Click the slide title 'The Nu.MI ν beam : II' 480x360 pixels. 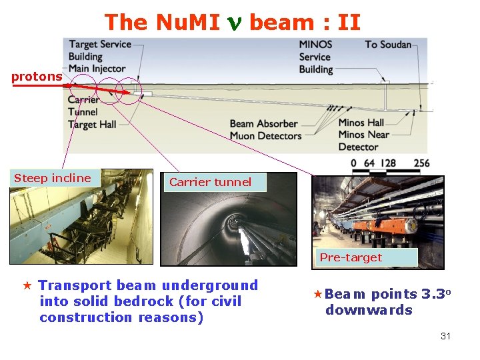(x=232, y=23)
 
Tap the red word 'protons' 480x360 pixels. (x=36, y=77)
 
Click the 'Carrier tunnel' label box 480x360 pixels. (x=210, y=182)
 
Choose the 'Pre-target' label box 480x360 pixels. (x=351, y=257)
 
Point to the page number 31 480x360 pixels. (x=445, y=336)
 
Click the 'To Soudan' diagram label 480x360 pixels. (x=387, y=45)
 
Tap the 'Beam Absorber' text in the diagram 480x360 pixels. (x=263, y=123)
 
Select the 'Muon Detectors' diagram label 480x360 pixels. (x=265, y=135)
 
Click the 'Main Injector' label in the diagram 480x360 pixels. (x=97, y=68)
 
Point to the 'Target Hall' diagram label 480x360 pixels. (x=92, y=125)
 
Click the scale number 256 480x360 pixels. (x=421, y=163)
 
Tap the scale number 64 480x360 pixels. (x=369, y=163)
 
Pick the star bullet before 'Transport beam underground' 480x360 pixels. (x=27, y=286)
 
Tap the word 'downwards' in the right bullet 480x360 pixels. (x=369, y=310)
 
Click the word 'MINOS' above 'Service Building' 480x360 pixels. (x=315, y=45)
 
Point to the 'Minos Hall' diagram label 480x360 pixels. (x=361, y=123)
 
